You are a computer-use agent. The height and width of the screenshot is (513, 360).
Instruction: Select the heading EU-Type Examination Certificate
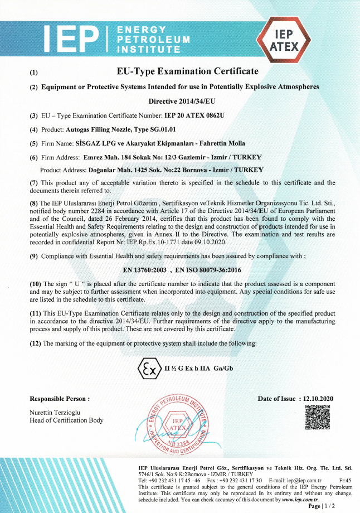pos(188,71)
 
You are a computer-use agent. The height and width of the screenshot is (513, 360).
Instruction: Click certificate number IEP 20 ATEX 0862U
pos(194,115)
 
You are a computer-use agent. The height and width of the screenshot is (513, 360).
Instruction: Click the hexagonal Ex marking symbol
pos(148,370)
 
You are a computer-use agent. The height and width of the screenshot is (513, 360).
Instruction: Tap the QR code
pos(318,417)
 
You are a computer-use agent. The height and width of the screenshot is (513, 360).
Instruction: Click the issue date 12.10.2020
pos(317,399)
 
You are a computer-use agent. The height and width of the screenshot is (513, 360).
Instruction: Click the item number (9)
pos(33,255)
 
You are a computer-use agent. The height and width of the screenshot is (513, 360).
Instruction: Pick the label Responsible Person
pos(59,399)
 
